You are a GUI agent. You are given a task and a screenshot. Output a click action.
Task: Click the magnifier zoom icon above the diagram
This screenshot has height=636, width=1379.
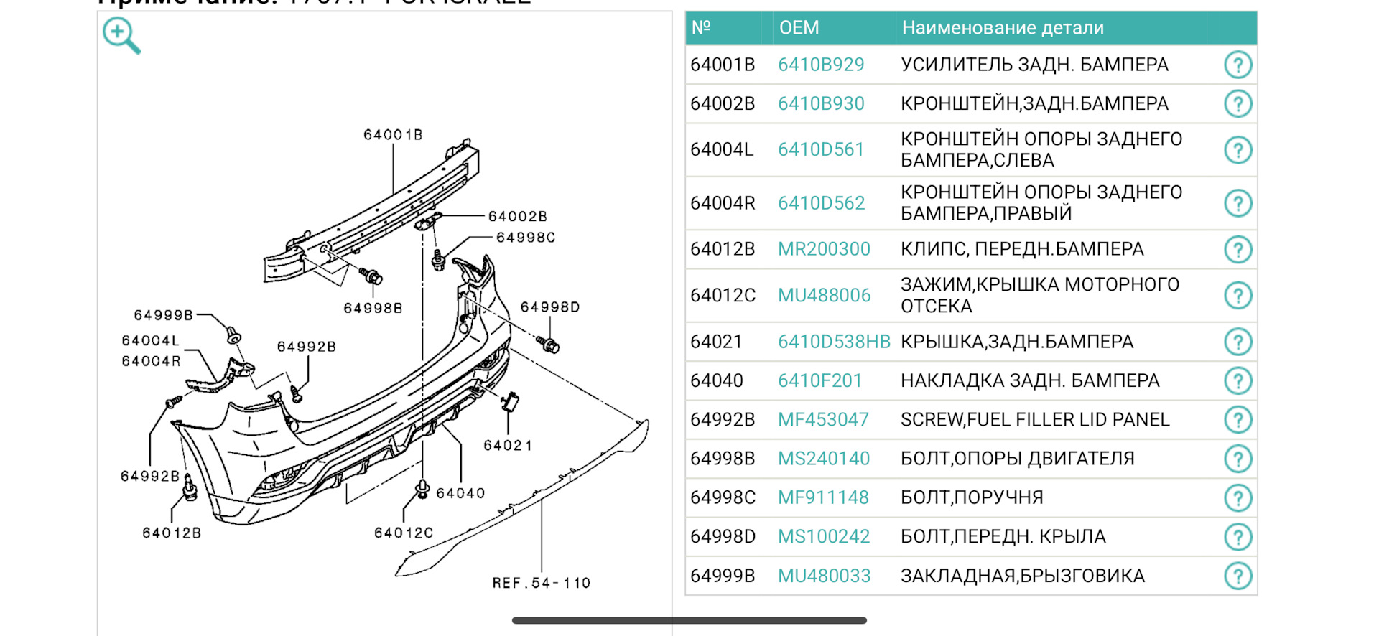(x=121, y=36)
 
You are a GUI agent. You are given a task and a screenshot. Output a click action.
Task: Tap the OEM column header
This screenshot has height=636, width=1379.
(x=799, y=28)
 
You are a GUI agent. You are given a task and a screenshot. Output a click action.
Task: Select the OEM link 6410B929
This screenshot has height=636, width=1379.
(x=821, y=65)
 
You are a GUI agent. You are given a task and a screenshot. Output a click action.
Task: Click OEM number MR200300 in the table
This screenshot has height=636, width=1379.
(x=824, y=249)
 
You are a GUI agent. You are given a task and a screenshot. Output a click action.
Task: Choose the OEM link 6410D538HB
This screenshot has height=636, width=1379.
(x=834, y=342)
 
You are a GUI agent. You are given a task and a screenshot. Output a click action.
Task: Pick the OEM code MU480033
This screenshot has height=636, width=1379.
(x=824, y=576)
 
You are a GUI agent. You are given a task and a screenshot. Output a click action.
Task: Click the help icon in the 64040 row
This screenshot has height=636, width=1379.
(x=1238, y=380)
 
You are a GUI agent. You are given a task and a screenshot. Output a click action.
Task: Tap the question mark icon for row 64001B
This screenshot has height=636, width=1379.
(x=1238, y=65)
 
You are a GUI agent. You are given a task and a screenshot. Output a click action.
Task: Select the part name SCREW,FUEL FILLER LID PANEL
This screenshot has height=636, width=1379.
(x=1035, y=419)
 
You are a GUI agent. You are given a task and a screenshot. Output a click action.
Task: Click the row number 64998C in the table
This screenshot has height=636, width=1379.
(x=723, y=497)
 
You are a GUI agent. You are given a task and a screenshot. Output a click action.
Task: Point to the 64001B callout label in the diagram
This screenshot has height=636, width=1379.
(x=393, y=135)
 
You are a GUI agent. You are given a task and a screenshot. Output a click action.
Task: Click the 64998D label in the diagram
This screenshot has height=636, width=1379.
(x=550, y=307)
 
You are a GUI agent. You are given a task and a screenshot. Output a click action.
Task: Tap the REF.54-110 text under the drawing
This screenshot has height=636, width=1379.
(x=542, y=583)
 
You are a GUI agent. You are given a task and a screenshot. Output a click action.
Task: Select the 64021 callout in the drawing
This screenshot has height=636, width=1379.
(x=508, y=446)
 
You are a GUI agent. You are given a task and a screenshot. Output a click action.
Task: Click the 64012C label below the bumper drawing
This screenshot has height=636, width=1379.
(x=404, y=533)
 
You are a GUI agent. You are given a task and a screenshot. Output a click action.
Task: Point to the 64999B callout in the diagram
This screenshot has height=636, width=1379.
(x=164, y=315)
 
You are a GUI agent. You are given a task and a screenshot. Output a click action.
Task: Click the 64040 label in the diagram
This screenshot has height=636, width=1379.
(x=460, y=493)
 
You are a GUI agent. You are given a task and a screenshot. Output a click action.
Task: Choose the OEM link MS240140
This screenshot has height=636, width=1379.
(x=824, y=459)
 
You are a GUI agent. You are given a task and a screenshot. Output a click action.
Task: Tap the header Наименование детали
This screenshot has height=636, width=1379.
(x=1003, y=28)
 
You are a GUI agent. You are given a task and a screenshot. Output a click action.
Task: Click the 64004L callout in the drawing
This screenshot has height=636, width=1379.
(x=151, y=340)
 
